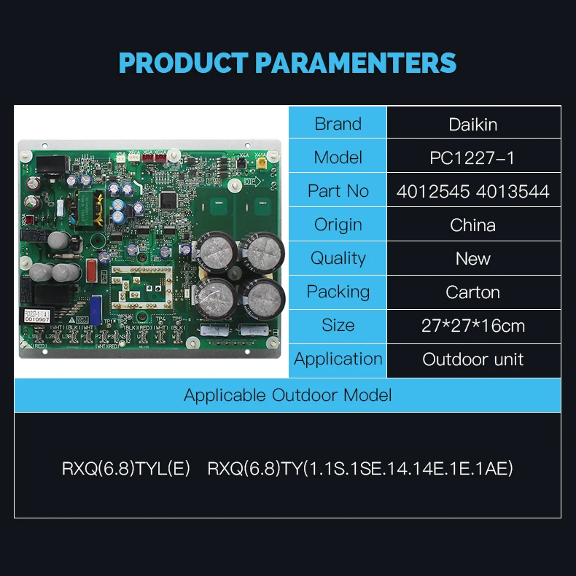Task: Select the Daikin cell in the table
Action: point(473,124)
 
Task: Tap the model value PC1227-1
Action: point(473,157)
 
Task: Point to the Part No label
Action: point(338,191)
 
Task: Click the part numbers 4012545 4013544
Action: point(473,191)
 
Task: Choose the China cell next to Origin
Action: point(473,225)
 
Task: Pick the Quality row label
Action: point(338,258)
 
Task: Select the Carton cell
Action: point(473,292)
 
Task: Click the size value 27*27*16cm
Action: point(473,325)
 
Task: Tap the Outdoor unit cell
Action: point(473,359)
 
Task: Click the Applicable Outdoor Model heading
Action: point(287,395)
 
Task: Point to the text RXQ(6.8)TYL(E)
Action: point(126,468)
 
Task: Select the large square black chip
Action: point(169,199)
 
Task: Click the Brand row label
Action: point(338,124)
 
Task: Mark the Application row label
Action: point(338,359)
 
